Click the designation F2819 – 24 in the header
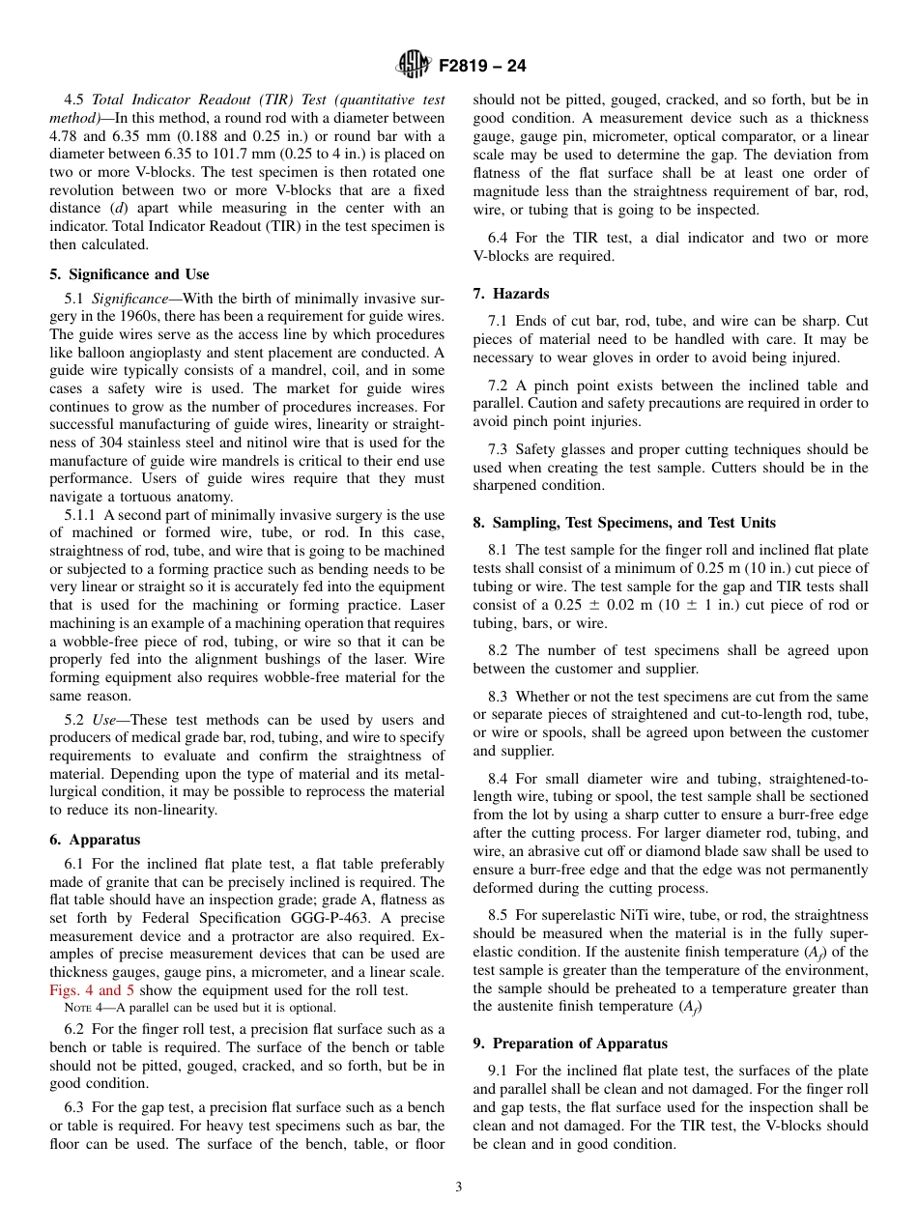pyautogui.click(x=482, y=67)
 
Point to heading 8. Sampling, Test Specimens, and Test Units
pyautogui.click(x=624, y=523)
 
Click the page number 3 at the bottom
pyautogui.click(x=459, y=1187)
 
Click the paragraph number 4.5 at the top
pyautogui.click(x=74, y=100)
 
